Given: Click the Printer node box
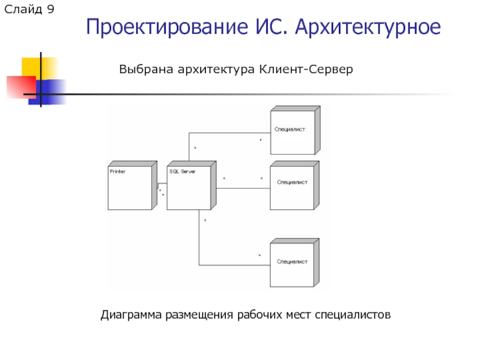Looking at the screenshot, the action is tap(130, 188).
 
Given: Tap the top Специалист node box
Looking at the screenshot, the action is tap(292, 133).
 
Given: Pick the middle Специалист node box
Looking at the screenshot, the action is tap(292, 187).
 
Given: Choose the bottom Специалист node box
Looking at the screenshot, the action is tap(292, 265).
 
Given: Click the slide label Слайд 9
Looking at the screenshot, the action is tap(30, 10).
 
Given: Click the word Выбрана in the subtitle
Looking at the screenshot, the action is tap(145, 70).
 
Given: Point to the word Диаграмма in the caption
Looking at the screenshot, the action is tap(131, 314).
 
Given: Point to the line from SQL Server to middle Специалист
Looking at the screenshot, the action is tap(242, 188).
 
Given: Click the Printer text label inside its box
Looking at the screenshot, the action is tap(118, 171).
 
